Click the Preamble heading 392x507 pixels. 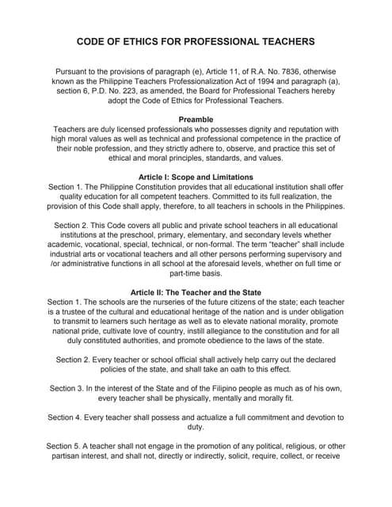[x=196, y=119]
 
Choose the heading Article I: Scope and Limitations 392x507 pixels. [x=196, y=176]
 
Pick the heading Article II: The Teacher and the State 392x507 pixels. [x=196, y=292]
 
